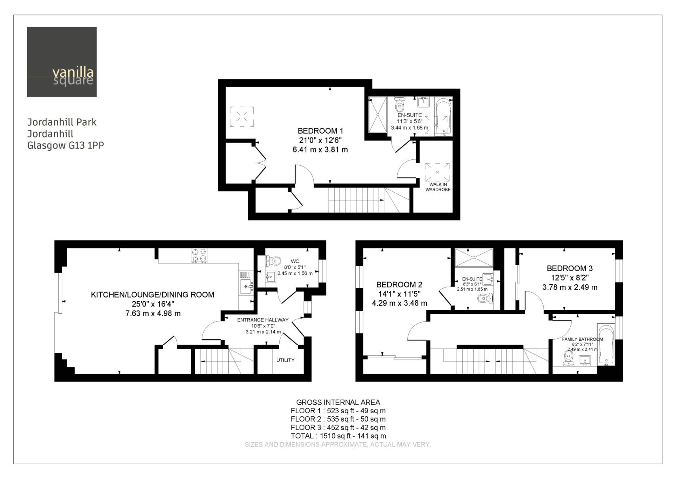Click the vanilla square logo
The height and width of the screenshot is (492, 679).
pos(62,62)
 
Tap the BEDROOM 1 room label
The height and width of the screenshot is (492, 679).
pos(321,131)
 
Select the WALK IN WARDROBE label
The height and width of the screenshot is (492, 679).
pos(438,187)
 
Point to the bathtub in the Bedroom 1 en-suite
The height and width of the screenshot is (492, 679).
pos(443,116)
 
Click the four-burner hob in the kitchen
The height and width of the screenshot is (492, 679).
pos(199,255)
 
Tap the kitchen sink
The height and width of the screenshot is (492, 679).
pos(247,286)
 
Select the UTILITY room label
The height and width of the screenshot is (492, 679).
pos(285,360)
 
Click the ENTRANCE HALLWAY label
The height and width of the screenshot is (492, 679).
pos(263,320)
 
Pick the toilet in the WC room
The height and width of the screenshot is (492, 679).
pos(273,260)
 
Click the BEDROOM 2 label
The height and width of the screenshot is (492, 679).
pos(399,285)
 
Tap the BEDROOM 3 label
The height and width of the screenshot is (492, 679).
pos(569,268)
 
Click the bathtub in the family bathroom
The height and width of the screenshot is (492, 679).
pos(606,344)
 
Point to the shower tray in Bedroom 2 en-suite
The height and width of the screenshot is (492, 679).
pos(474,258)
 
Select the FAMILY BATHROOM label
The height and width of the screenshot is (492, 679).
pos(583,339)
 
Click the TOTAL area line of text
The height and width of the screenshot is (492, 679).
pos(338,436)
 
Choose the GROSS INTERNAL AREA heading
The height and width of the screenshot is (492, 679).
pos(338,402)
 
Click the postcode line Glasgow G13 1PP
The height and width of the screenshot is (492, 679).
pos(65,146)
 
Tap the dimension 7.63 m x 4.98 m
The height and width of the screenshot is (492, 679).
pos(153,313)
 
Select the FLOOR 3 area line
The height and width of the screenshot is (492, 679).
pos(338,427)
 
